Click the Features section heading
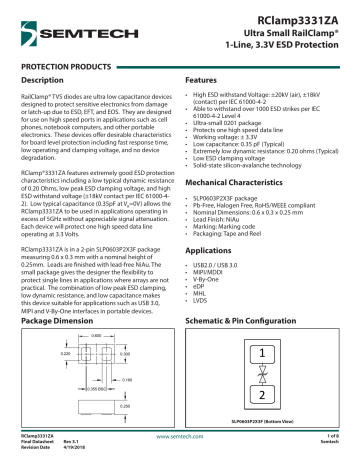coord(203,79)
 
